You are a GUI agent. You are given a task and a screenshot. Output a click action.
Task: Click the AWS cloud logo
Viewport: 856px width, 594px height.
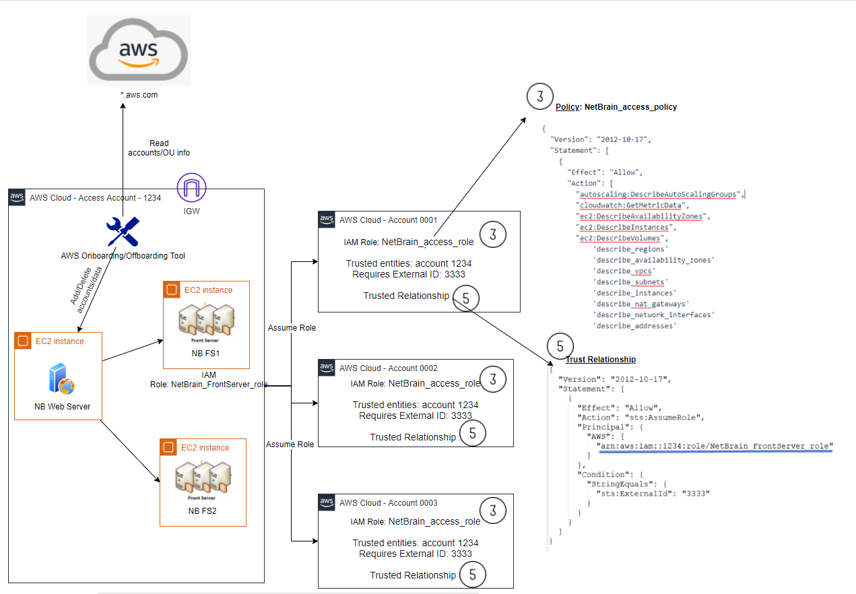point(139,51)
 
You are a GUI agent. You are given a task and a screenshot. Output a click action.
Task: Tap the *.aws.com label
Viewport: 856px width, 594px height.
point(138,95)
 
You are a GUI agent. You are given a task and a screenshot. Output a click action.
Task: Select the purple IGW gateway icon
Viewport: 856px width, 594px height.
point(191,187)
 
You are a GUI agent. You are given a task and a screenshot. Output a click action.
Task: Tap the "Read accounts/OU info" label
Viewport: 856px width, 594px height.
point(159,148)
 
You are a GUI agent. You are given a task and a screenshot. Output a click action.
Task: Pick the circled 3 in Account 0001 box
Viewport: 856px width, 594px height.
point(493,235)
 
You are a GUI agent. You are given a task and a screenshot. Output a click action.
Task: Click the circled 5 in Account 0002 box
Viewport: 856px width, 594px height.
point(472,433)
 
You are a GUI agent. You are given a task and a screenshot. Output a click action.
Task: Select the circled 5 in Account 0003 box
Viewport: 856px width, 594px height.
point(472,574)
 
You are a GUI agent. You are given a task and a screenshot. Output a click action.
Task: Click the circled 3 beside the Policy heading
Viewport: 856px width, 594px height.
point(539,98)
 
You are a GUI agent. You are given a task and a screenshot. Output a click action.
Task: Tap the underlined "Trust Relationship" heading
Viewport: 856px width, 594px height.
point(600,360)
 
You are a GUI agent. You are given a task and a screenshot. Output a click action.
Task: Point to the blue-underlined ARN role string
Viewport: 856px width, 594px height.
point(715,446)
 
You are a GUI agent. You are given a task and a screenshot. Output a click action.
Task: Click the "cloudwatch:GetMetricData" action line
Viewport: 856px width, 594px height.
point(632,205)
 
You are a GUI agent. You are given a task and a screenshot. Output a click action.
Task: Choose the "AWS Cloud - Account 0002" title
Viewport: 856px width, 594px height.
point(388,368)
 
